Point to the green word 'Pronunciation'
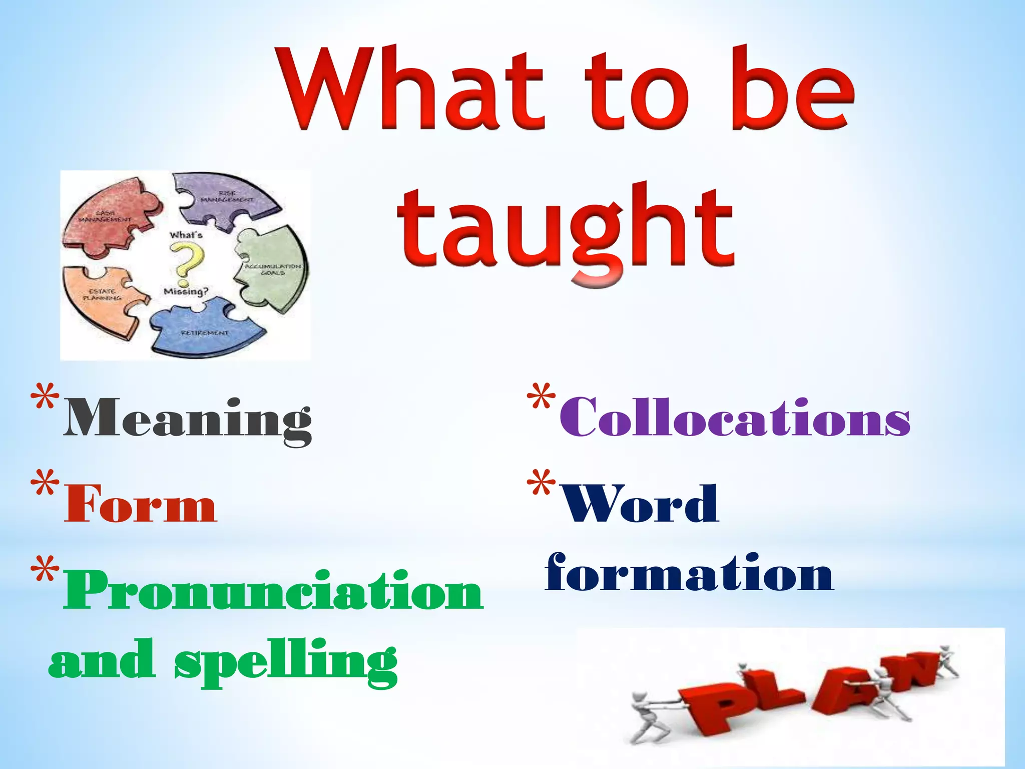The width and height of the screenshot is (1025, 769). click(273, 591)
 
